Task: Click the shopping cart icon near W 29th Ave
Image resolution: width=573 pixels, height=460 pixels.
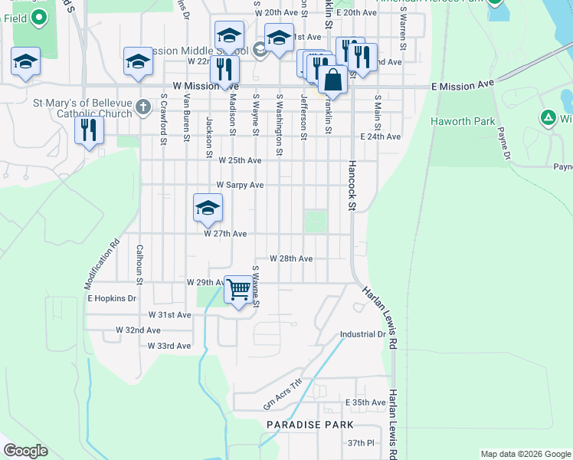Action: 239,290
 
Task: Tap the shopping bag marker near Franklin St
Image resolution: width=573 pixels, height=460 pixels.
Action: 333,80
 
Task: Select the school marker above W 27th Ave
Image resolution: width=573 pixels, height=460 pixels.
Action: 208,208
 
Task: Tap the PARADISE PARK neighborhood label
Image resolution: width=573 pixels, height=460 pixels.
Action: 309,424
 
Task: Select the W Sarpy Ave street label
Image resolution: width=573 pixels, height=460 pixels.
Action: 240,185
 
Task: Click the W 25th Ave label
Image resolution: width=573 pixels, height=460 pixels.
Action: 240,160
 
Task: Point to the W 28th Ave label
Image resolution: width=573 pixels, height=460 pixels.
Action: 290,259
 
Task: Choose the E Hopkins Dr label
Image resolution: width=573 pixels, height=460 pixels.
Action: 112,298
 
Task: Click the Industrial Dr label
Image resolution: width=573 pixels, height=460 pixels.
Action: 363,334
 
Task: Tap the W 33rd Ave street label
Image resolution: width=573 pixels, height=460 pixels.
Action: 169,347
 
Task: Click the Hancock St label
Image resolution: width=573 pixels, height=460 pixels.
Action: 352,185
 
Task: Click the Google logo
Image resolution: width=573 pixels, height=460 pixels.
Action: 25,451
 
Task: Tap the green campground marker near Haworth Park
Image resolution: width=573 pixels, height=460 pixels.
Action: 547,118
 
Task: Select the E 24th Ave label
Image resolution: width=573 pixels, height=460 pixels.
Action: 381,136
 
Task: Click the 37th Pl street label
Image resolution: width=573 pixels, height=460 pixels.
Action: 359,443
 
